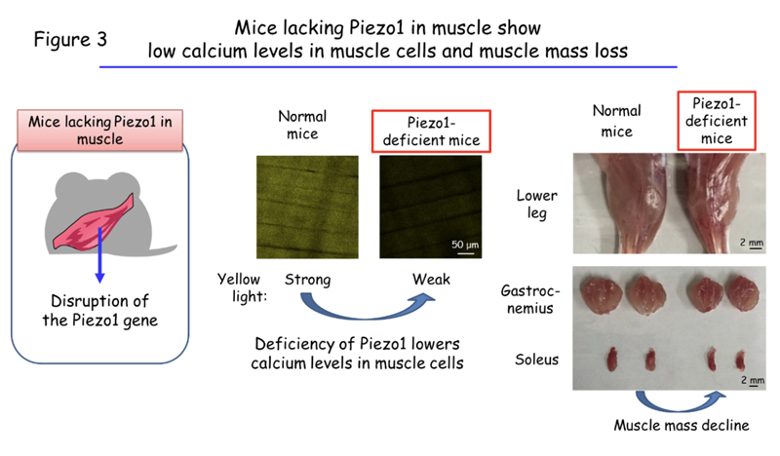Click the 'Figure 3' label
[x=70, y=39]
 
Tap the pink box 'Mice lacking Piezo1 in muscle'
[x=100, y=130]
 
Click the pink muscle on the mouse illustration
[x=95, y=222]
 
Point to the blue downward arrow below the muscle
[x=100, y=255]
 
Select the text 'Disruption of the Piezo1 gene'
[x=100, y=310]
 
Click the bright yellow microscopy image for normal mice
[x=307, y=207]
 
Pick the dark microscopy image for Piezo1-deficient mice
[x=430, y=207]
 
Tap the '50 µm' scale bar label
[x=465, y=245]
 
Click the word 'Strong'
[x=307, y=280]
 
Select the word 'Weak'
[x=431, y=279]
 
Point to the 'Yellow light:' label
[x=242, y=287]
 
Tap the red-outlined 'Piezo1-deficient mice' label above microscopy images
[x=431, y=132]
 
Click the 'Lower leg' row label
[x=537, y=204]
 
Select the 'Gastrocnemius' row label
[x=530, y=299]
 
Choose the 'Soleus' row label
[x=537, y=359]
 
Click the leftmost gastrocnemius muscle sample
[x=602, y=294]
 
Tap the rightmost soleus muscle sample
[x=741, y=361]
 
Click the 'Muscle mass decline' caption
[x=682, y=425]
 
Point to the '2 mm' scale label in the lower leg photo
[x=751, y=243]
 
